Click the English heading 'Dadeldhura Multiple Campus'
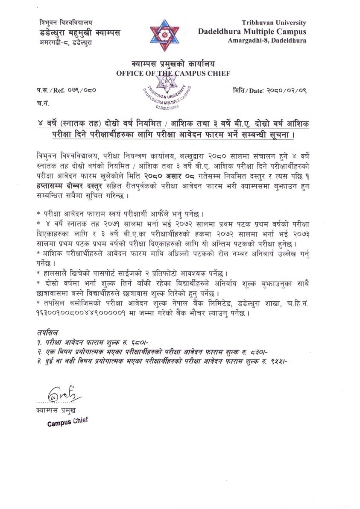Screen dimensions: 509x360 (x=252, y=31)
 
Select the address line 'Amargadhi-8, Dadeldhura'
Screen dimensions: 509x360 (x=267, y=40)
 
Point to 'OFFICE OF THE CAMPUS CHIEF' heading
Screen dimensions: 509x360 (x=173, y=74)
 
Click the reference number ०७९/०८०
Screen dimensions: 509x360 (x=77, y=91)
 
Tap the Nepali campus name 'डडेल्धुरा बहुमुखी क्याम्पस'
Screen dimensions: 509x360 (x=79, y=33)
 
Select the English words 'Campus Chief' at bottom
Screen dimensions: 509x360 (x=67, y=422)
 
